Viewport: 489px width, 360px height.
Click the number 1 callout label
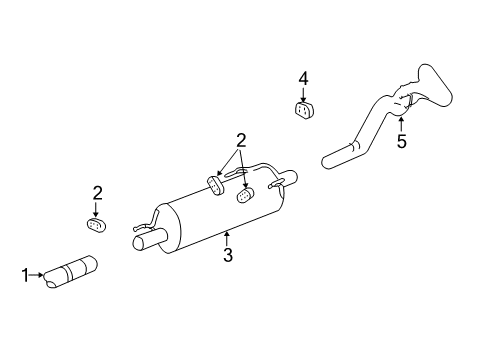click(25, 272)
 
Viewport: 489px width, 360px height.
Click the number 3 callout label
click(228, 256)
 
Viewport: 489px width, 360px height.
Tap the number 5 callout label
click(401, 142)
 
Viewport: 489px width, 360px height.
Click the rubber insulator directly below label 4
click(304, 109)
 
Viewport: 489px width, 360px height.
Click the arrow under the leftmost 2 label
click(97, 207)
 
